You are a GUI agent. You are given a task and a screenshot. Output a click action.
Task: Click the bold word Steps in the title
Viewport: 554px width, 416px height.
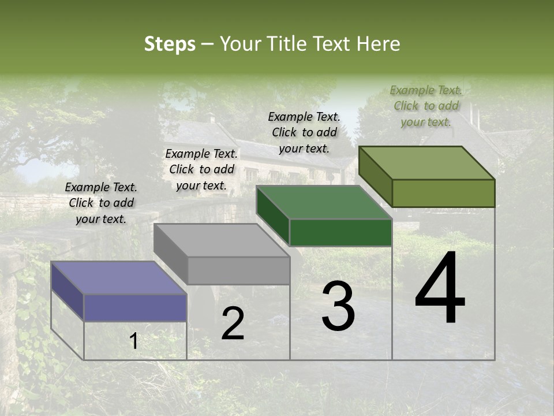coord(170,44)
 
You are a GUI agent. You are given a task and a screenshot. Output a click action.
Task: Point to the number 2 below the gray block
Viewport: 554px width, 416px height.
coord(233,324)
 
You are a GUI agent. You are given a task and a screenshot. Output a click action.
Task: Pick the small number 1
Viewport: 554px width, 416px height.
coord(133,341)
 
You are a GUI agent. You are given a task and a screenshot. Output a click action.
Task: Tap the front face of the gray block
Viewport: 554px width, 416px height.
coord(238,270)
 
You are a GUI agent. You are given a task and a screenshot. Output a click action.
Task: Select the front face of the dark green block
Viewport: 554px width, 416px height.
coord(340,232)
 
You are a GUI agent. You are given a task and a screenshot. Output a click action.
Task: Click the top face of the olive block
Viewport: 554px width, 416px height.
coord(427,163)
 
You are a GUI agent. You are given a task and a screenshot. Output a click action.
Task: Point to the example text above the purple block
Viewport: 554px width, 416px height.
coord(101,203)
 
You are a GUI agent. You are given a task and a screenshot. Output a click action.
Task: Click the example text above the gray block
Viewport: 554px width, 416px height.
coord(201,169)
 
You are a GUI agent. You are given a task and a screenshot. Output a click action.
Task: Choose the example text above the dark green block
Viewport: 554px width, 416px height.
coord(304,132)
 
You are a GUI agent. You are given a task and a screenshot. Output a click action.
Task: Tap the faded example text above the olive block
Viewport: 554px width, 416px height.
coord(426,106)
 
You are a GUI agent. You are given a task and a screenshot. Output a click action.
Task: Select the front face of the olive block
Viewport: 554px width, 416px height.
coord(443,193)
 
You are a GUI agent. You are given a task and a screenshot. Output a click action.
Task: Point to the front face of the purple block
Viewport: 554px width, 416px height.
coord(135,307)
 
